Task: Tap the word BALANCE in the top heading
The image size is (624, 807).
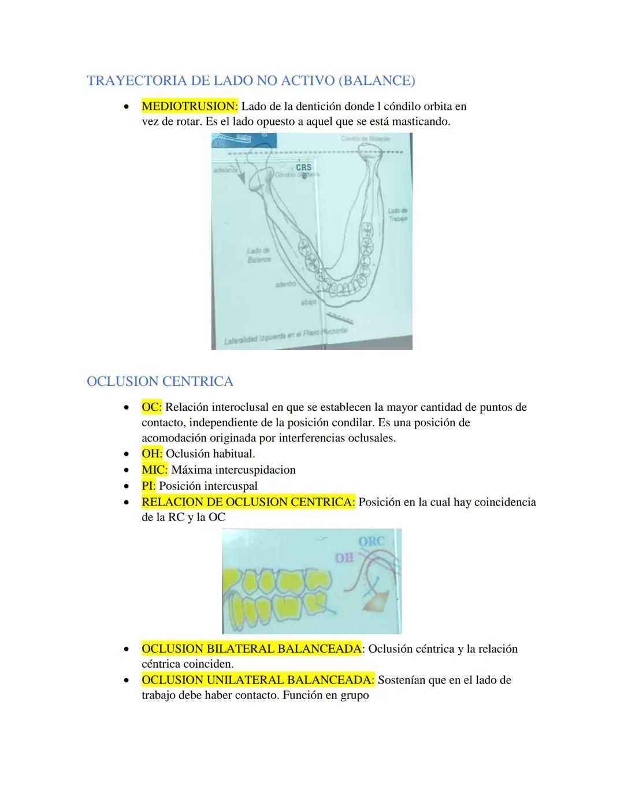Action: (x=376, y=81)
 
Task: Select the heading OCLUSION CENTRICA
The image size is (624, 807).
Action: (x=159, y=381)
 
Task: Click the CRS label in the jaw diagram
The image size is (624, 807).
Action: (x=303, y=167)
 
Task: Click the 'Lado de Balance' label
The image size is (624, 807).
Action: (x=259, y=255)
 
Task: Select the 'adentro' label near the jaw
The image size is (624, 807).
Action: (x=286, y=285)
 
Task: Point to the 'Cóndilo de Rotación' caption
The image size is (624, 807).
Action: (x=366, y=139)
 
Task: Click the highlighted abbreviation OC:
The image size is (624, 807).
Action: (x=151, y=407)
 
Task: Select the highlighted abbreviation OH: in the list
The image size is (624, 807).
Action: (x=152, y=453)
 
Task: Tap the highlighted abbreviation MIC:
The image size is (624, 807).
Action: (x=154, y=470)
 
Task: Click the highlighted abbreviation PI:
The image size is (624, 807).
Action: (x=148, y=486)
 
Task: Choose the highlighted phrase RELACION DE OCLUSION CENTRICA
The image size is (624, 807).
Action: (x=248, y=502)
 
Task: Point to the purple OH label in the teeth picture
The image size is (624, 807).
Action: (x=344, y=558)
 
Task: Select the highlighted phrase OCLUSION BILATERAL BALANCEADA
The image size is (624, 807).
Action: (x=252, y=649)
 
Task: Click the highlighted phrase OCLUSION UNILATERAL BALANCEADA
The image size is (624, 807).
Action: (x=258, y=680)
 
